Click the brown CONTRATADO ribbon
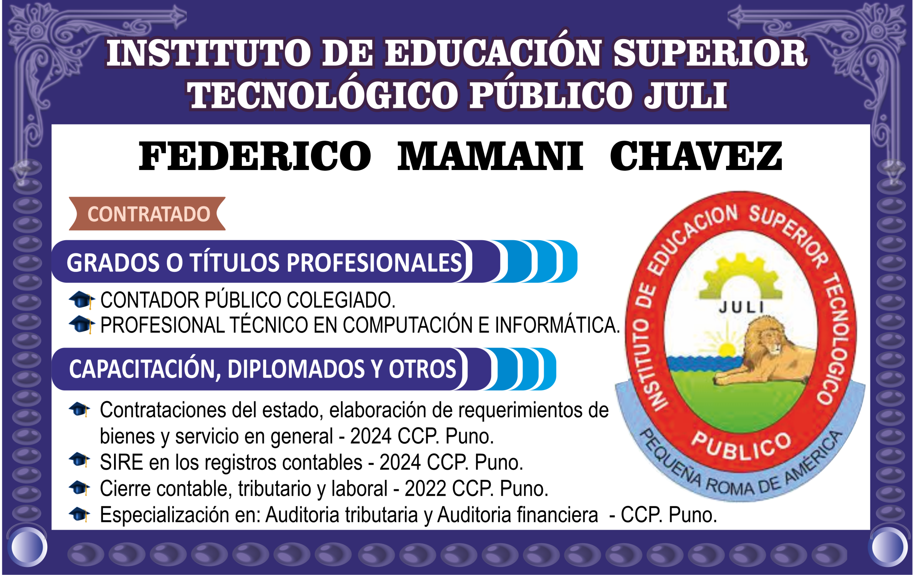point(147,214)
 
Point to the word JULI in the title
point(686,95)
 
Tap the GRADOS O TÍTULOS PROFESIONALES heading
point(264,263)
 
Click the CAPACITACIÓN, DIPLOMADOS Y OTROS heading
point(263,369)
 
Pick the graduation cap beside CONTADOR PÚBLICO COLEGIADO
point(81,300)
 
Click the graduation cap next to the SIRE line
point(79,459)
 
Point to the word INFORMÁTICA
point(557,325)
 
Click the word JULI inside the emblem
point(741,307)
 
